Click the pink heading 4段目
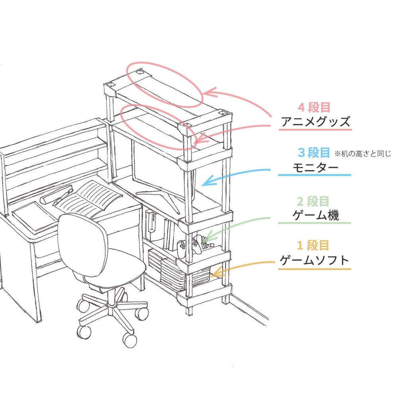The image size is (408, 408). (314, 107)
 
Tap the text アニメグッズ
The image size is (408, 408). (316, 122)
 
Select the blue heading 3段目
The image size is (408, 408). (314, 153)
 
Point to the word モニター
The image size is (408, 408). (316, 167)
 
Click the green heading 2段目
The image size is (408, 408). (313, 201)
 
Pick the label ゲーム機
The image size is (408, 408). (316, 216)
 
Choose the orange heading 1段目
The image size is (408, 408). (313, 245)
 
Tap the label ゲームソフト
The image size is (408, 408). (314, 260)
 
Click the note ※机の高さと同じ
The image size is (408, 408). (363, 154)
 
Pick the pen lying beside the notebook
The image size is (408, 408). (63, 198)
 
